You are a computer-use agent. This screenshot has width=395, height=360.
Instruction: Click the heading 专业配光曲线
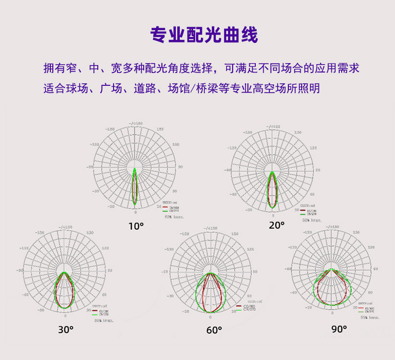204,35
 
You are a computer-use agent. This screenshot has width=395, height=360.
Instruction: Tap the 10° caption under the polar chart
136,226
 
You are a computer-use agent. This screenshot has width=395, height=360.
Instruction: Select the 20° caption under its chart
277,225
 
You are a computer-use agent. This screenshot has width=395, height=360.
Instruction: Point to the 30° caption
66,329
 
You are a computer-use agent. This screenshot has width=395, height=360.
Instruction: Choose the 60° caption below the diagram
214,330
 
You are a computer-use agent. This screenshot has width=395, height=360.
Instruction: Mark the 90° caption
339,329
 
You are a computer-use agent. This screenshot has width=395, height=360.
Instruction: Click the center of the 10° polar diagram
135,168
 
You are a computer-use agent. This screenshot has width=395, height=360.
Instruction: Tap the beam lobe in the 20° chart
273,192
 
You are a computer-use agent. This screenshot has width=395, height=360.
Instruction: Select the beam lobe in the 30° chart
65,291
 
